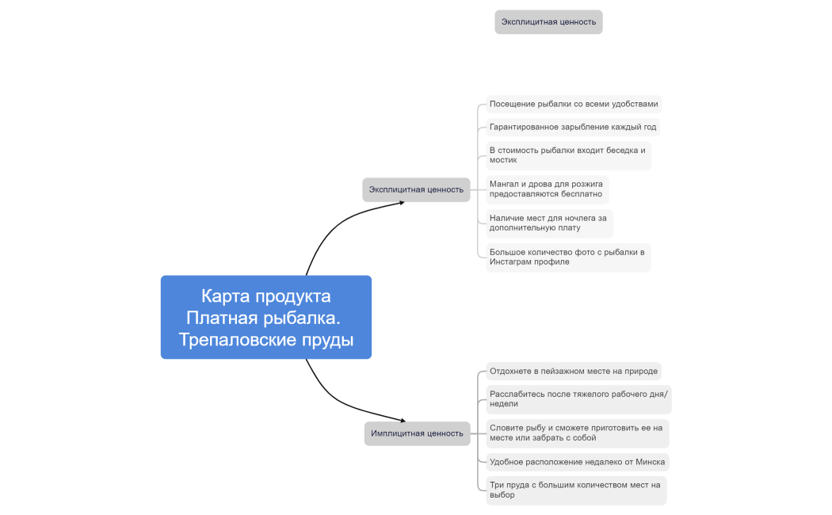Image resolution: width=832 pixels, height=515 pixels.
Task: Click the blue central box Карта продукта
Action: pyautogui.click(x=265, y=317)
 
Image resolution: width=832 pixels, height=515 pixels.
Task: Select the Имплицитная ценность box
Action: pyautogui.click(x=417, y=433)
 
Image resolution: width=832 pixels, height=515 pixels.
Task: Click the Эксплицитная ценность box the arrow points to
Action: pyautogui.click(x=416, y=189)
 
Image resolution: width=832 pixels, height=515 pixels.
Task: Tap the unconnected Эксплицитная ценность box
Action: pyautogui.click(x=548, y=22)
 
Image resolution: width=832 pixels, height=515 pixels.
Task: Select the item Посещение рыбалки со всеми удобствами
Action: pyautogui.click(x=574, y=104)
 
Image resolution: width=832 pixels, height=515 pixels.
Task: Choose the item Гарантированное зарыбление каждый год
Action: pyautogui.click(x=573, y=127)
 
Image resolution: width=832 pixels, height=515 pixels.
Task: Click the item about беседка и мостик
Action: pyautogui.click(x=568, y=155)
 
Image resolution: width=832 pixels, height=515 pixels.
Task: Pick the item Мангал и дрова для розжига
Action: pyautogui.click(x=547, y=189)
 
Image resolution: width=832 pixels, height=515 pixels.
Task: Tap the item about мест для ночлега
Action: pyautogui.click(x=549, y=223)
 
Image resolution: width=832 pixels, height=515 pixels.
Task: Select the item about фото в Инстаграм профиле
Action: pyautogui.click(x=568, y=257)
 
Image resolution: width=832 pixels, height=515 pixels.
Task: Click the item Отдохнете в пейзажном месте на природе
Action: pyautogui.click(x=574, y=371)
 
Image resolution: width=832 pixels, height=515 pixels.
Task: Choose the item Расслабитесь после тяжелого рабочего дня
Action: pyautogui.click(x=578, y=399)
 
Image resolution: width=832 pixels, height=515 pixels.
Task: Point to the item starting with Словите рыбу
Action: pyautogui.click(x=576, y=433)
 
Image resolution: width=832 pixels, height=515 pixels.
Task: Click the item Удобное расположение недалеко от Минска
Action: pyautogui.click(x=577, y=461)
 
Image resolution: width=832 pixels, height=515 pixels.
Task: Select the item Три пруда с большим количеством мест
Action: pyautogui.click(x=575, y=490)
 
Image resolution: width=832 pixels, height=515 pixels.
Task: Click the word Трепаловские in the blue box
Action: pyautogui.click(x=231, y=340)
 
